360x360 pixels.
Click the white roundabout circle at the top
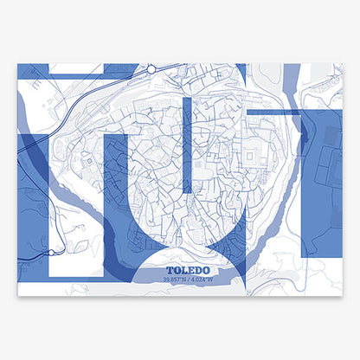coord(151,67)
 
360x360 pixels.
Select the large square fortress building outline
coord(252,156)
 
